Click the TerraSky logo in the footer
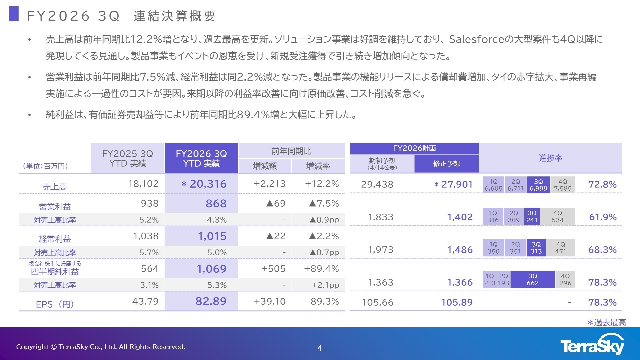tap(592, 345)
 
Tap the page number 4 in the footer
tap(320, 348)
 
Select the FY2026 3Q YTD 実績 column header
tap(201, 158)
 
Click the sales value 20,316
tap(208, 184)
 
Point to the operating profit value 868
tap(216, 203)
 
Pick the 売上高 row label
tap(55, 187)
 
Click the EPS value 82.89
tap(211, 301)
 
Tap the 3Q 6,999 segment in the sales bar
tap(538, 185)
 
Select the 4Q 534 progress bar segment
tap(557, 216)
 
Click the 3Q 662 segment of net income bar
tap(532, 279)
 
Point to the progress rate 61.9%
tap(603, 217)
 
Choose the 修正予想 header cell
tap(446, 164)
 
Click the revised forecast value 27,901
tap(457, 184)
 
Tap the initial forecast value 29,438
tap(377, 184)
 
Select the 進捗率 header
tap(550, 158)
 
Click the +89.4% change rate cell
tap(321, 269)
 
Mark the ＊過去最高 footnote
tap(606, 322)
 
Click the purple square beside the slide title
tap(14, 14)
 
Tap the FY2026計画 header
tap(414, 148)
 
